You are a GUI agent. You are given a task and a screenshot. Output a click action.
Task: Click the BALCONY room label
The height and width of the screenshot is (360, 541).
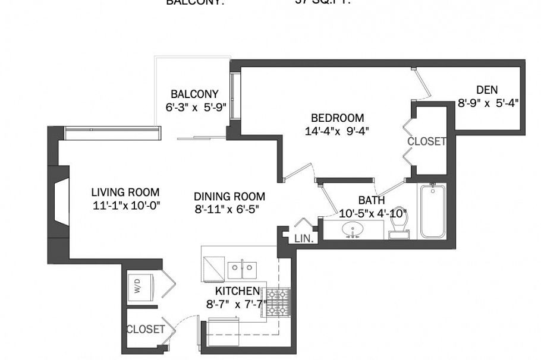point(194,94)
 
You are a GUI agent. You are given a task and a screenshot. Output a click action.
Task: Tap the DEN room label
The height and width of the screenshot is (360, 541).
point(486,90)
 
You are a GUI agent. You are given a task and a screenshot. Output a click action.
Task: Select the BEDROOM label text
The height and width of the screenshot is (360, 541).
point(337,118)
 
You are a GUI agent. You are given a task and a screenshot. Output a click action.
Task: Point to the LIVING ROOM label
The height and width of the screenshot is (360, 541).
point(125,192)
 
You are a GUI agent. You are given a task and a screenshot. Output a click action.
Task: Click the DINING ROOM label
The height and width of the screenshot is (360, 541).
point(229,197)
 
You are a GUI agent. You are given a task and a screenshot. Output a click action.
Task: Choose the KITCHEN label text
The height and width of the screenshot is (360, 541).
point(237,291)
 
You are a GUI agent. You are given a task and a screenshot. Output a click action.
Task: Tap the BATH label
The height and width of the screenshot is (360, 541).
point(371,200)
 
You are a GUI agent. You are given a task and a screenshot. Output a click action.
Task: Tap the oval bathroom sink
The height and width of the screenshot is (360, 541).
point(354,229)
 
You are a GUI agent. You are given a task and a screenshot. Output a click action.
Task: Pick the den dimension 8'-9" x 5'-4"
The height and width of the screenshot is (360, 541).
point(488,102)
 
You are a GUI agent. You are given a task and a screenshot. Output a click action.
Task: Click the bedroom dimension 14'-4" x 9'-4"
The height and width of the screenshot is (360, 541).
point(336,131)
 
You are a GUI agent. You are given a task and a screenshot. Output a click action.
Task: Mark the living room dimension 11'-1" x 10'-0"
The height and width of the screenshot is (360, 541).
point(125,206)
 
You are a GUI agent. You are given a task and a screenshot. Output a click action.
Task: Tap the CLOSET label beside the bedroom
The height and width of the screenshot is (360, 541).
point(426,142)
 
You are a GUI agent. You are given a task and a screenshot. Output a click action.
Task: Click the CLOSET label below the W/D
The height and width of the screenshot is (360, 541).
point(146,329)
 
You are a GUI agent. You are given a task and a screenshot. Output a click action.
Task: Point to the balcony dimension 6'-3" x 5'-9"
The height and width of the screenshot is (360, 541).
point(196,108)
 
